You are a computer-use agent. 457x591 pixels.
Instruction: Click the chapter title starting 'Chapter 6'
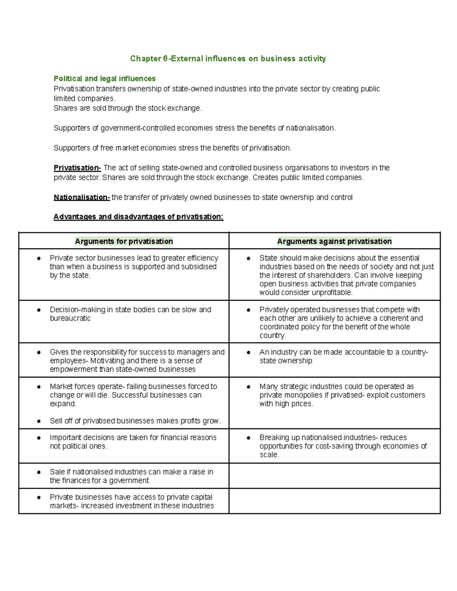[228, 59]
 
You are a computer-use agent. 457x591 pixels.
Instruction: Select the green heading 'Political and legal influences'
[104, 79]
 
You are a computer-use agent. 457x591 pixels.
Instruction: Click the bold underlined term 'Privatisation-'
[77, 168]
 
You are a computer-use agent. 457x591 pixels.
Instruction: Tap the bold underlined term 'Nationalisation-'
[81, 198]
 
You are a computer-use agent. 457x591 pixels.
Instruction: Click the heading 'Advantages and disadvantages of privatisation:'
[138, 217]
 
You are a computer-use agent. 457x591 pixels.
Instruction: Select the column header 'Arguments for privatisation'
[124, 241]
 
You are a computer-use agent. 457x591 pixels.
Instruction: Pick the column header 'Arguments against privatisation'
[334, 241]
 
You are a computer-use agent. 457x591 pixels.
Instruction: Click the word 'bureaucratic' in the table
[70, 319]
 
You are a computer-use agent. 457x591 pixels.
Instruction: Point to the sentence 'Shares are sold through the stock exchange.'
[128, 108]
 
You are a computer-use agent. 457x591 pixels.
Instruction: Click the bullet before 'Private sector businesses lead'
[39, 258]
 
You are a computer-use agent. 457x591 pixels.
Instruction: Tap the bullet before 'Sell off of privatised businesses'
[39, 421]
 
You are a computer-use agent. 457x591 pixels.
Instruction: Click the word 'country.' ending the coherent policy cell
[273, 336]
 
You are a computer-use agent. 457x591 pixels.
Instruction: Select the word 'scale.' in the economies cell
[269, 455]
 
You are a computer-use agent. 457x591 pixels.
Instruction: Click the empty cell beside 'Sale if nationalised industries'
[334, 476]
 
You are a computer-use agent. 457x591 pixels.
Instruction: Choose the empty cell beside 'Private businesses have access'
[334, 501]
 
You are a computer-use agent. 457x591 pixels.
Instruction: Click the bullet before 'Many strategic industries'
[248, 387]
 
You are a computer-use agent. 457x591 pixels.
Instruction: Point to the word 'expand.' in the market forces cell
[63, 404]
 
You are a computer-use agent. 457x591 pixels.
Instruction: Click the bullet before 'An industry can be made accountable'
[248, 353]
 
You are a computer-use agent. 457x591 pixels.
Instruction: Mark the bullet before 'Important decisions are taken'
[39, 438]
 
